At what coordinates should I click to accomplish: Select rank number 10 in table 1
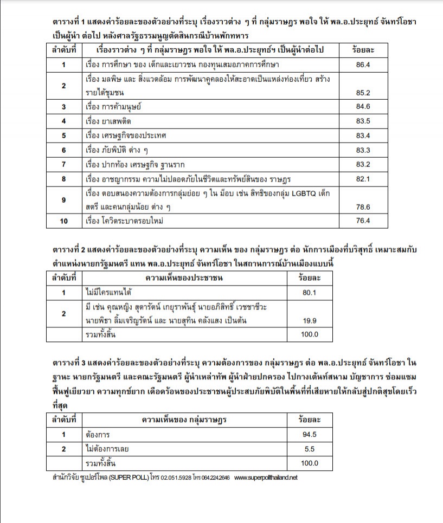coord(64,221)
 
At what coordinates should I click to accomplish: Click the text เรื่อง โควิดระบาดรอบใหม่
coord(124,221)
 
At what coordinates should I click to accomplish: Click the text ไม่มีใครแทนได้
coord(108,293)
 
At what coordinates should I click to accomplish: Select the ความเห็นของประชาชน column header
coord(184,279)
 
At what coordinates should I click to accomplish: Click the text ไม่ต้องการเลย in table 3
coord(107,449)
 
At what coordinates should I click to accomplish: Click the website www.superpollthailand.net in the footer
coord(266,478)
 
